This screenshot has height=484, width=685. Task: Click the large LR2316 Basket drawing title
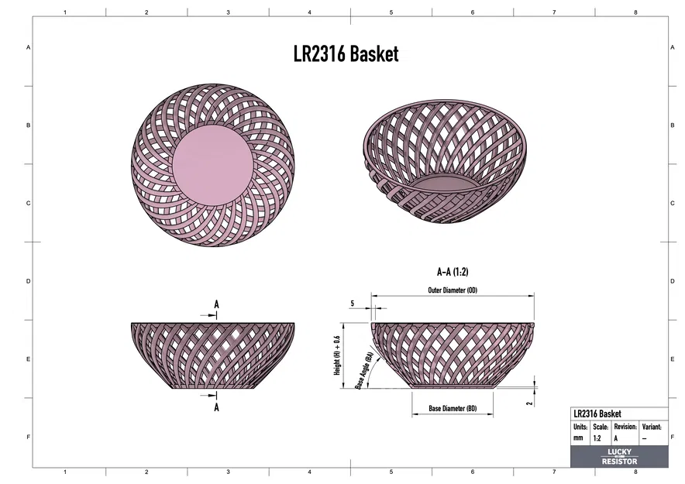tap(346, 53)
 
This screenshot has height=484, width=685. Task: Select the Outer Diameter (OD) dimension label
tap(453, 290)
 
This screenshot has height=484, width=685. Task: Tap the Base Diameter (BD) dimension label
tap(453, 408)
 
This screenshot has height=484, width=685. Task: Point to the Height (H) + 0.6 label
tap(337, 355)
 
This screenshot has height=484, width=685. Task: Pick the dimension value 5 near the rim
tap(352, 304)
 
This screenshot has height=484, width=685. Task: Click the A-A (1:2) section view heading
tap(453, 272)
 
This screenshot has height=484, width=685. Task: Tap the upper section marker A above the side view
tap(216, 305)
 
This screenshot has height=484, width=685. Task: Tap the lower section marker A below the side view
tap(216, 407)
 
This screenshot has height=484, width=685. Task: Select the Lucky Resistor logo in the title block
tap(619, 457)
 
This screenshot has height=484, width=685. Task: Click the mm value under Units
tap(578, 438)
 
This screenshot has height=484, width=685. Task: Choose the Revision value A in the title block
tap(616, 438)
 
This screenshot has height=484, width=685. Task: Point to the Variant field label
tap(652, 427)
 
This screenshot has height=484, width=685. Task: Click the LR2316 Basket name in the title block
tap(597, 414)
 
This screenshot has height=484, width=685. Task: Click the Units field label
tap(580, 427)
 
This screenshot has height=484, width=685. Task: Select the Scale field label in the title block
tap(601, 427)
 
